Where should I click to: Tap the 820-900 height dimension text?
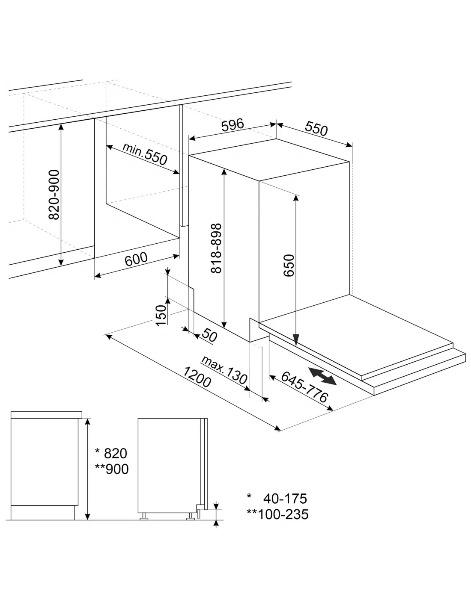pos(54,195)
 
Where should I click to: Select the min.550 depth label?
pos(145,154)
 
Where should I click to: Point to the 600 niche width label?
pos(136,259)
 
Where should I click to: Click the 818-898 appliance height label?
pos(216,248)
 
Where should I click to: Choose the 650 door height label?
pos(289,265)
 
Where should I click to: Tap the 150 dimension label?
pos(161,316)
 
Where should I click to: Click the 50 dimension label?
pos(209,335)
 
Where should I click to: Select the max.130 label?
pos(224,370)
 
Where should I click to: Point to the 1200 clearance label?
pos(197,377)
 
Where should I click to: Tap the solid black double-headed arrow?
pos(322,376)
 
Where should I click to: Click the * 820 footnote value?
pos(111,453)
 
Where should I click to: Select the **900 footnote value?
pos(112,469)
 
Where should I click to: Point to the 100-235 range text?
pos(283,514)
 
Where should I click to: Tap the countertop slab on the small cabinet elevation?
pos(47,415)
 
